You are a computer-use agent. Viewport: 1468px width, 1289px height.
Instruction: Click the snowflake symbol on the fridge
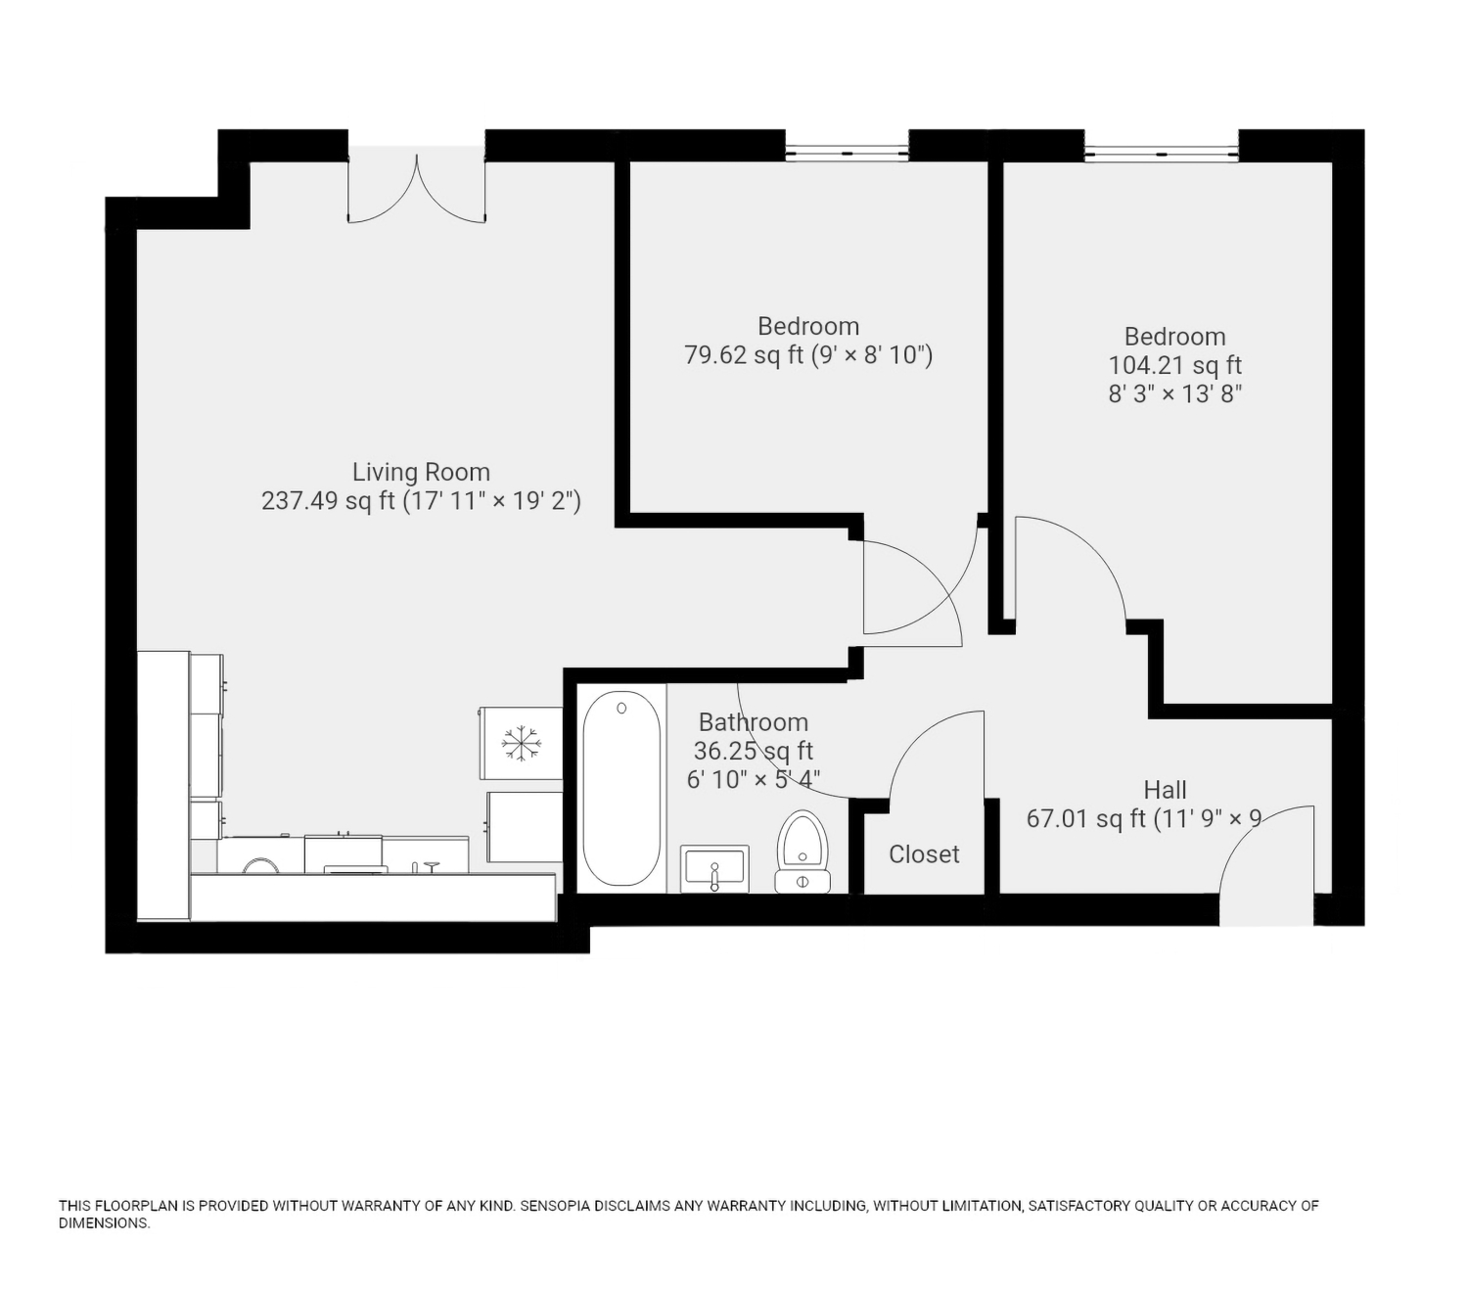(522, 744)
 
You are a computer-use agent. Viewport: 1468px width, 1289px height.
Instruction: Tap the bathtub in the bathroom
(621, 788)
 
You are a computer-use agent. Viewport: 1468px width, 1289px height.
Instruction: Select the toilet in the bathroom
(803, 851)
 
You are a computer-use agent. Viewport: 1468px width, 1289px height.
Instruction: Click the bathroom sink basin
(714, 869)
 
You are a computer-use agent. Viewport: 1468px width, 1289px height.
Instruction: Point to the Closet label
(924, 854)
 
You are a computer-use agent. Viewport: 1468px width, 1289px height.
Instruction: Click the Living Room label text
(421, 473)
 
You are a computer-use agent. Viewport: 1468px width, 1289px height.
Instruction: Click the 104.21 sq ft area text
(1175, 365)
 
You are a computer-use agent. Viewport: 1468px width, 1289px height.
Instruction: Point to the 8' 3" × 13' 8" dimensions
(1175, 394)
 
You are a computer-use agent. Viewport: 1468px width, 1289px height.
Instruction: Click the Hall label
(1166, 790)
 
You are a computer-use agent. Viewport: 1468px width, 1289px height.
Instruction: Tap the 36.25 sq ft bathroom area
(754, 751)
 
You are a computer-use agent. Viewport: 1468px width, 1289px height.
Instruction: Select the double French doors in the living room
(417, 188)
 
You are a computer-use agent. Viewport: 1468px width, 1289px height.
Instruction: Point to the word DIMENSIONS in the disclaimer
(105, 1223)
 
